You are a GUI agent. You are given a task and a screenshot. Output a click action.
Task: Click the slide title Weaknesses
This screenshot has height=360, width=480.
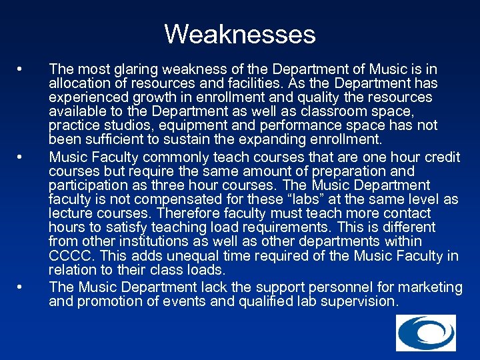tap(240, 33)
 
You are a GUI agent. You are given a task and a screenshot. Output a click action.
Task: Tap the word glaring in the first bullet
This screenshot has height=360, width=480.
tap(127, 69)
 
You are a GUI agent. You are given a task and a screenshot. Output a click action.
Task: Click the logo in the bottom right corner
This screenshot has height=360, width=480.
tap(426, 333)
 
